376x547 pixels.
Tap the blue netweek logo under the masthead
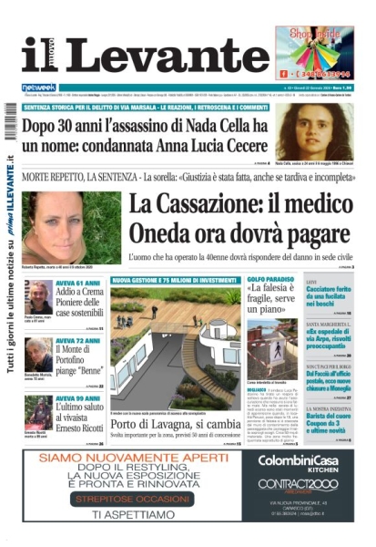coord(38,88)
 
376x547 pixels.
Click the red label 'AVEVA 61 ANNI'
coord(76,284)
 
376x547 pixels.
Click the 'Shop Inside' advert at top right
coord(314,52)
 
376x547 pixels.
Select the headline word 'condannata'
coord(141,146)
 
